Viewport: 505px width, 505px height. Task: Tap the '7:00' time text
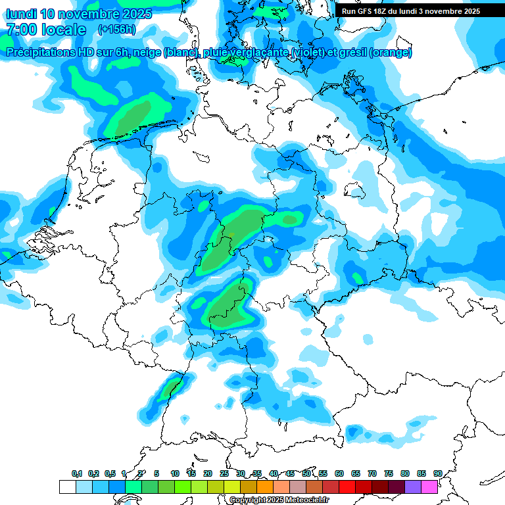coord(21,30)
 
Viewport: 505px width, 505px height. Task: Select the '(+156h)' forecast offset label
coord(117,30)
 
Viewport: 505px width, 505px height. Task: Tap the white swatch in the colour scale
coord(67,487)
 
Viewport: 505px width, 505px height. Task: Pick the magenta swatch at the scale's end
coord(429,487)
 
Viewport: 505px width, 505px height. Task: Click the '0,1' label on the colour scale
coord(77,474)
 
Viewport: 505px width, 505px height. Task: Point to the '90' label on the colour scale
coord(437,474)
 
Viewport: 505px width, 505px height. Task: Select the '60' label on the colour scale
coord(339,474)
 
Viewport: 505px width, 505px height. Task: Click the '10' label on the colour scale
coord(175,474)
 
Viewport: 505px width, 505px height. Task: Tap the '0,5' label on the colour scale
coord(110,474)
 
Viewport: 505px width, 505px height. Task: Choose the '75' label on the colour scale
coord(389,474)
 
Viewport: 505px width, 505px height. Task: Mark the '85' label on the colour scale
coord(421,474)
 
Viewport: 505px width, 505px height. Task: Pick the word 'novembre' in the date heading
coord(89,14)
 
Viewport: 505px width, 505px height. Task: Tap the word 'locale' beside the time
coord(64,30)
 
